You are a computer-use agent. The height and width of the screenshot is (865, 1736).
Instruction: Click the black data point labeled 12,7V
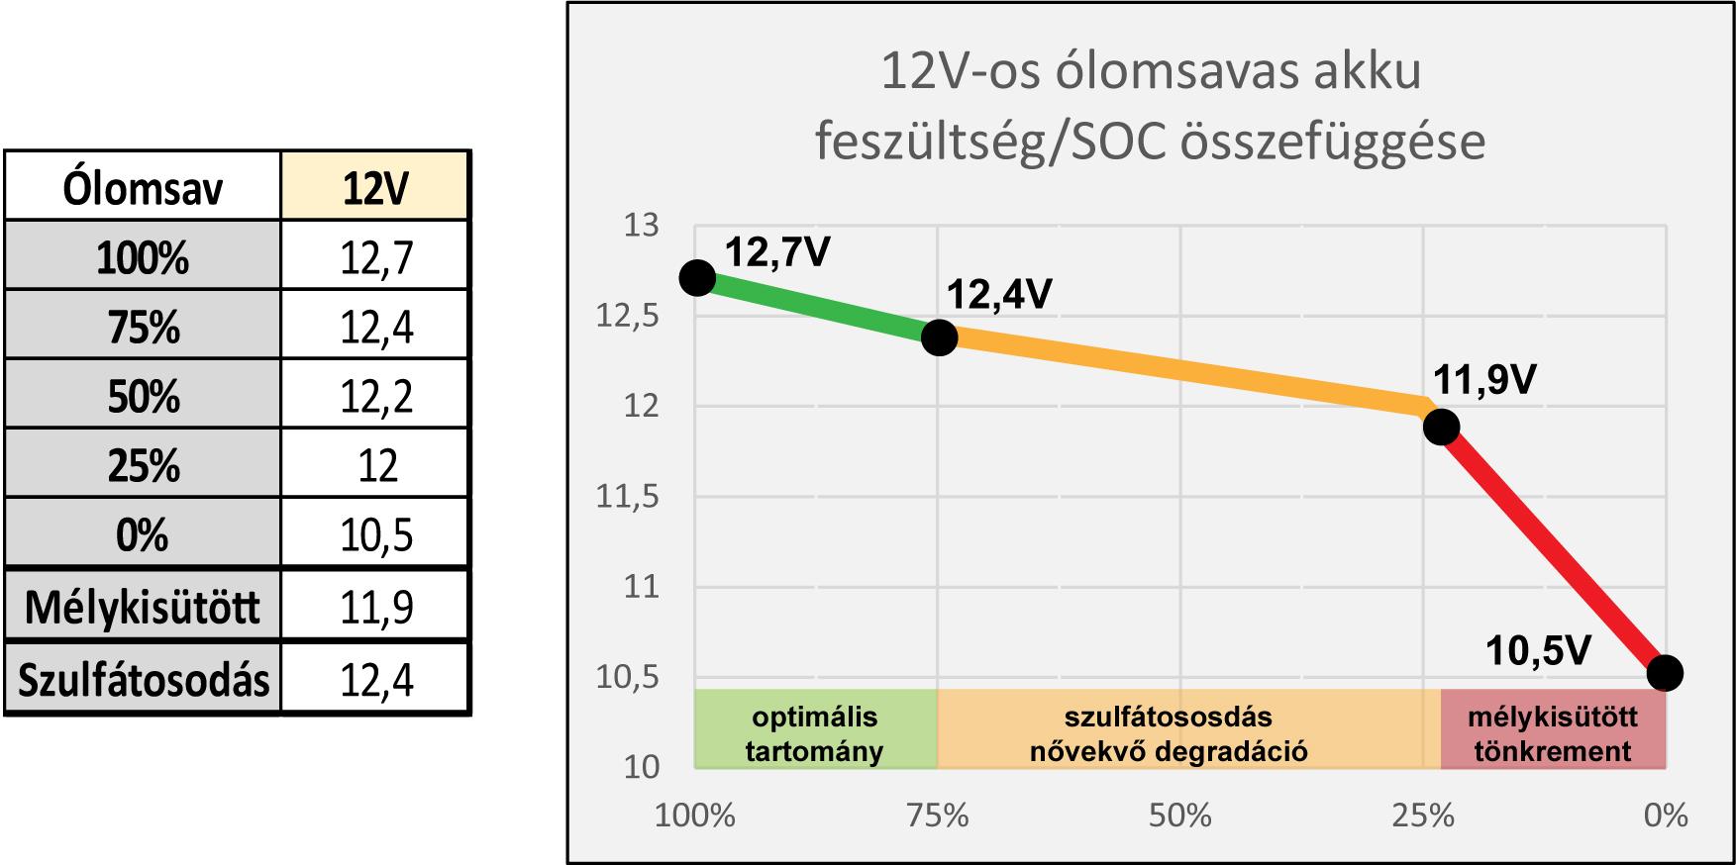click(x=697, y=278)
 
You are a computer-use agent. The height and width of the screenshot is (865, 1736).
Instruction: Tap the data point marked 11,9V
click(x=1441, y=428)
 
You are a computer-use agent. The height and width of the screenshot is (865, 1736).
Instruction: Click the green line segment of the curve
click(x=818, y=309)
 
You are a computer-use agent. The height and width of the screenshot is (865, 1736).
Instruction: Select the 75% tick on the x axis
click(x=938, y=816)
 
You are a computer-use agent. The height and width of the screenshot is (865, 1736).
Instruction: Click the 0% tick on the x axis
click(x=1666, y=816)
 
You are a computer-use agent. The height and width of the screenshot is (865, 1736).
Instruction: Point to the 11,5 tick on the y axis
click(x=628, y=497)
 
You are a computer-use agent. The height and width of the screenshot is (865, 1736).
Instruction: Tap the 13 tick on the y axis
click(x=641, y=226)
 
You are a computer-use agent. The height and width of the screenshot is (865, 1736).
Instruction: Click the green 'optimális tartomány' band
click(x=815, y=733)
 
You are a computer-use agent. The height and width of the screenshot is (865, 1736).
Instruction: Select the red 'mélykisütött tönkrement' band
click(x=1553, y=733)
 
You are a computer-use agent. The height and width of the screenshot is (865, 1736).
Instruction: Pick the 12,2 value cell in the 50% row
click(x=375, y=396)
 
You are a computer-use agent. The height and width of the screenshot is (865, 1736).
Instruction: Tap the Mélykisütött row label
click(x=144, y=607)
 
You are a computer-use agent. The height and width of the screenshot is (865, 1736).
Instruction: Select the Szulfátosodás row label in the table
click(x=144, y=680)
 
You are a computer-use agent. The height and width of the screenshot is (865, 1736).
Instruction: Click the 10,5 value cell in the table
click(x=375, y=535)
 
